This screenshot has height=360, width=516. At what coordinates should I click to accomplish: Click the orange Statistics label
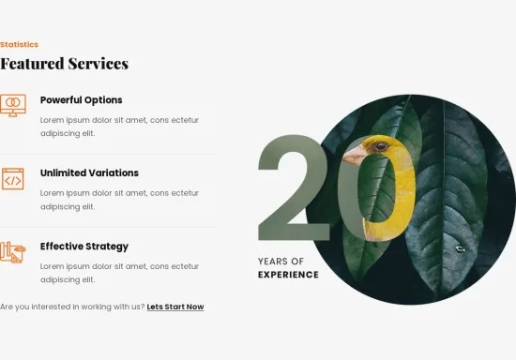[19, 44]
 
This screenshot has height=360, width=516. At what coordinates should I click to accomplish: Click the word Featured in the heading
[32, 64]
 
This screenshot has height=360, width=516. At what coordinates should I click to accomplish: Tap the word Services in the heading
[99, 64]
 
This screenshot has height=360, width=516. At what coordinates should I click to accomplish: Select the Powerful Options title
[82, 100]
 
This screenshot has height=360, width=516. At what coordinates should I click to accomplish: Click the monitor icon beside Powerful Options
[13, 106]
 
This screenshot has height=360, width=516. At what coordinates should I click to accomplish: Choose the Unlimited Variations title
[89, 172]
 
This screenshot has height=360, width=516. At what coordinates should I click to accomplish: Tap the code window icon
[13, 179]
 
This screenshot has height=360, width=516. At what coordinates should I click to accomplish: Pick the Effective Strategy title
[84, 247]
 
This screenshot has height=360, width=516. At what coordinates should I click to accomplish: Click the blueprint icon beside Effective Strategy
[13, 252]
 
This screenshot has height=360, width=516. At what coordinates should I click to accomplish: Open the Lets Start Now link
[175, 307]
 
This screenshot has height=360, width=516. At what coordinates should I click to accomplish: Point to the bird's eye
[381, 146]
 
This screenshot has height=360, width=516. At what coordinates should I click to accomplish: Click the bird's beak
[354, 156]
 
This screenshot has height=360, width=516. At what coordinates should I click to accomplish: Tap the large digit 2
[294, 187]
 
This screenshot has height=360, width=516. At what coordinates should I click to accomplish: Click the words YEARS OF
[281, 262]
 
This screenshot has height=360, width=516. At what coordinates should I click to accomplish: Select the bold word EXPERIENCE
[288, 275]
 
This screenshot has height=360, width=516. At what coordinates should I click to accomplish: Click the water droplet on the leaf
[460, 249]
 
